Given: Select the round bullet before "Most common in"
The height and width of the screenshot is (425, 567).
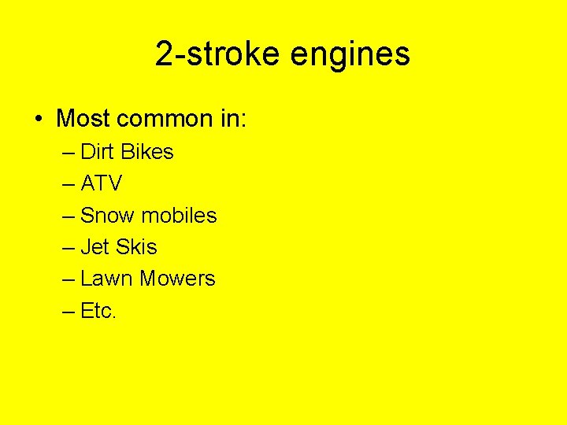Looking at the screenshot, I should coord(38,120).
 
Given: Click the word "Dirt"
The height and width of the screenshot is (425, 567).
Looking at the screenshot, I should coord(97,152).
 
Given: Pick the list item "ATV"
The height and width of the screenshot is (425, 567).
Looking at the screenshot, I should coord(102,183).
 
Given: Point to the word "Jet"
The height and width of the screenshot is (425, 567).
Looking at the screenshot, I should coord(94,247).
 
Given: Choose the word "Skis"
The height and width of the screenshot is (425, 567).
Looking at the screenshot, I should coord(136,247).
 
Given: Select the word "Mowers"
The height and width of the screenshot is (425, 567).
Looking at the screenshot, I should coord(178,279).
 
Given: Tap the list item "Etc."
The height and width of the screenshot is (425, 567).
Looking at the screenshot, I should coord(98,310).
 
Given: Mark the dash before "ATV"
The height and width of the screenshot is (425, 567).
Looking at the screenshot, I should coord(68,184).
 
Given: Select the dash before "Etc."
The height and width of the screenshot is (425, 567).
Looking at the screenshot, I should coord(68,311).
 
